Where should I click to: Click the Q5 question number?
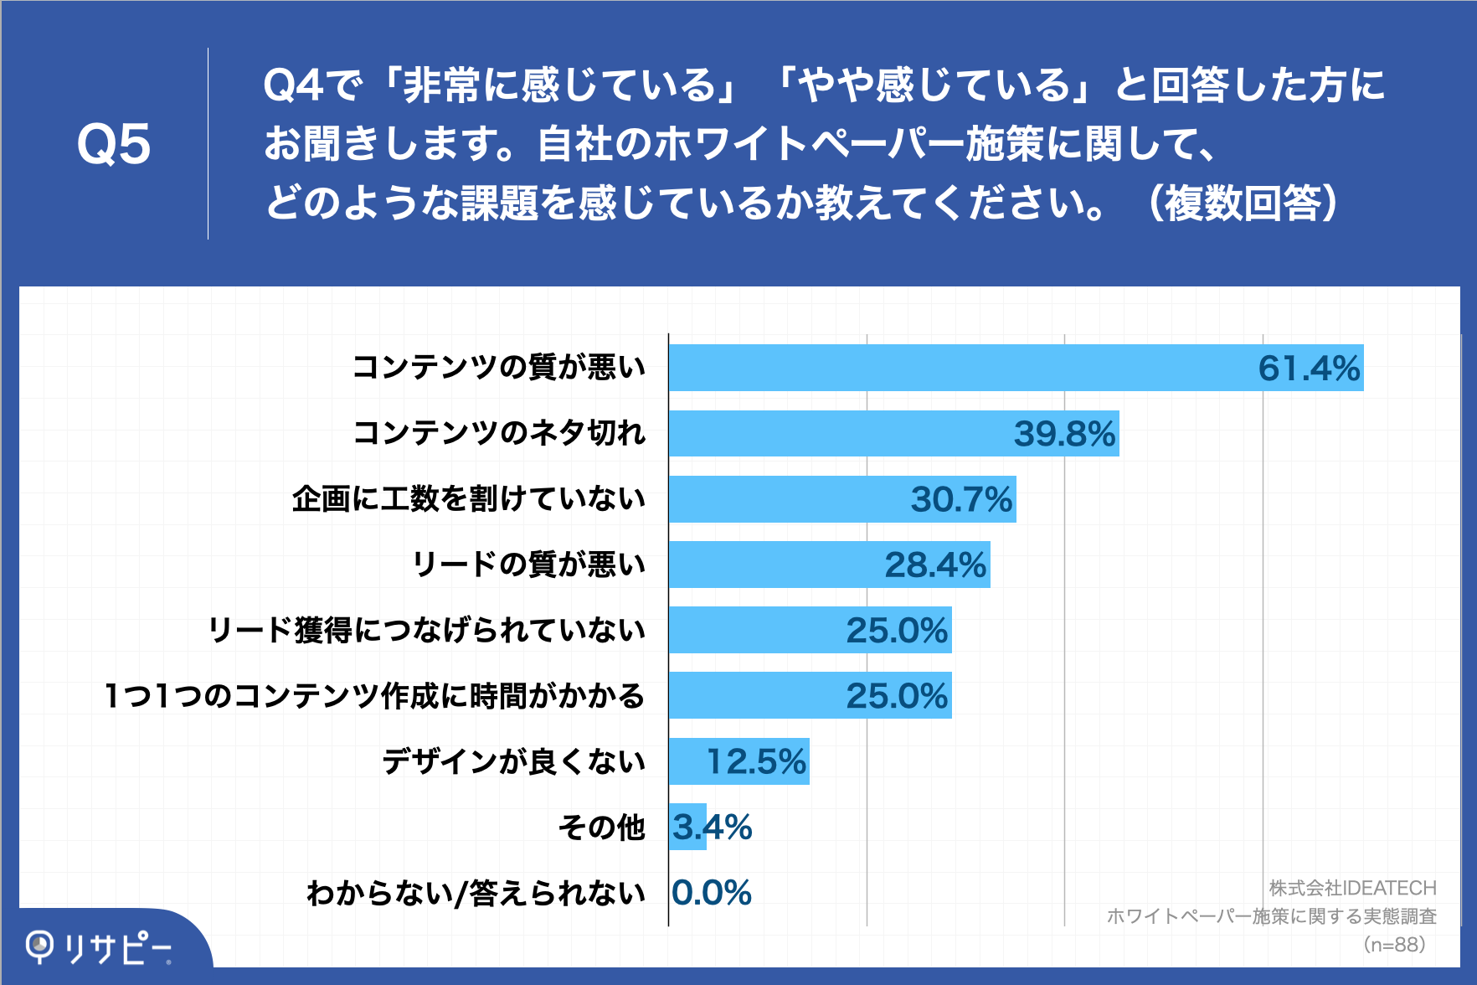point(114,144)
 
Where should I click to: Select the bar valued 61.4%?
point(963,368)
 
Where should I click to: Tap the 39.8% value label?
point(1064,434)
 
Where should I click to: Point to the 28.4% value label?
point(935,565)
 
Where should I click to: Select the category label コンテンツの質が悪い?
point(499,367)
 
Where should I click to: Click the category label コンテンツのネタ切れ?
point(499,433)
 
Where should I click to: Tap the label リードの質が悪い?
point(529,564)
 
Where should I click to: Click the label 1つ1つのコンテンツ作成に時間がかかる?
point(374,695)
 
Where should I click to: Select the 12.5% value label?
point(756,761)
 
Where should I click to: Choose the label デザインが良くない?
point(513,761)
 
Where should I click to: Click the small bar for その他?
point(687,827)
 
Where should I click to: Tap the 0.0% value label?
point(712,893)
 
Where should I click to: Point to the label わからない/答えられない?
point(476,893)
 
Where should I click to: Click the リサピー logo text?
point(117,948)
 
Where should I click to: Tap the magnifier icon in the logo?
point(39,947)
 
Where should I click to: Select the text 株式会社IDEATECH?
point(1352,888)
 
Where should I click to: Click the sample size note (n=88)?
point(1394,945)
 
